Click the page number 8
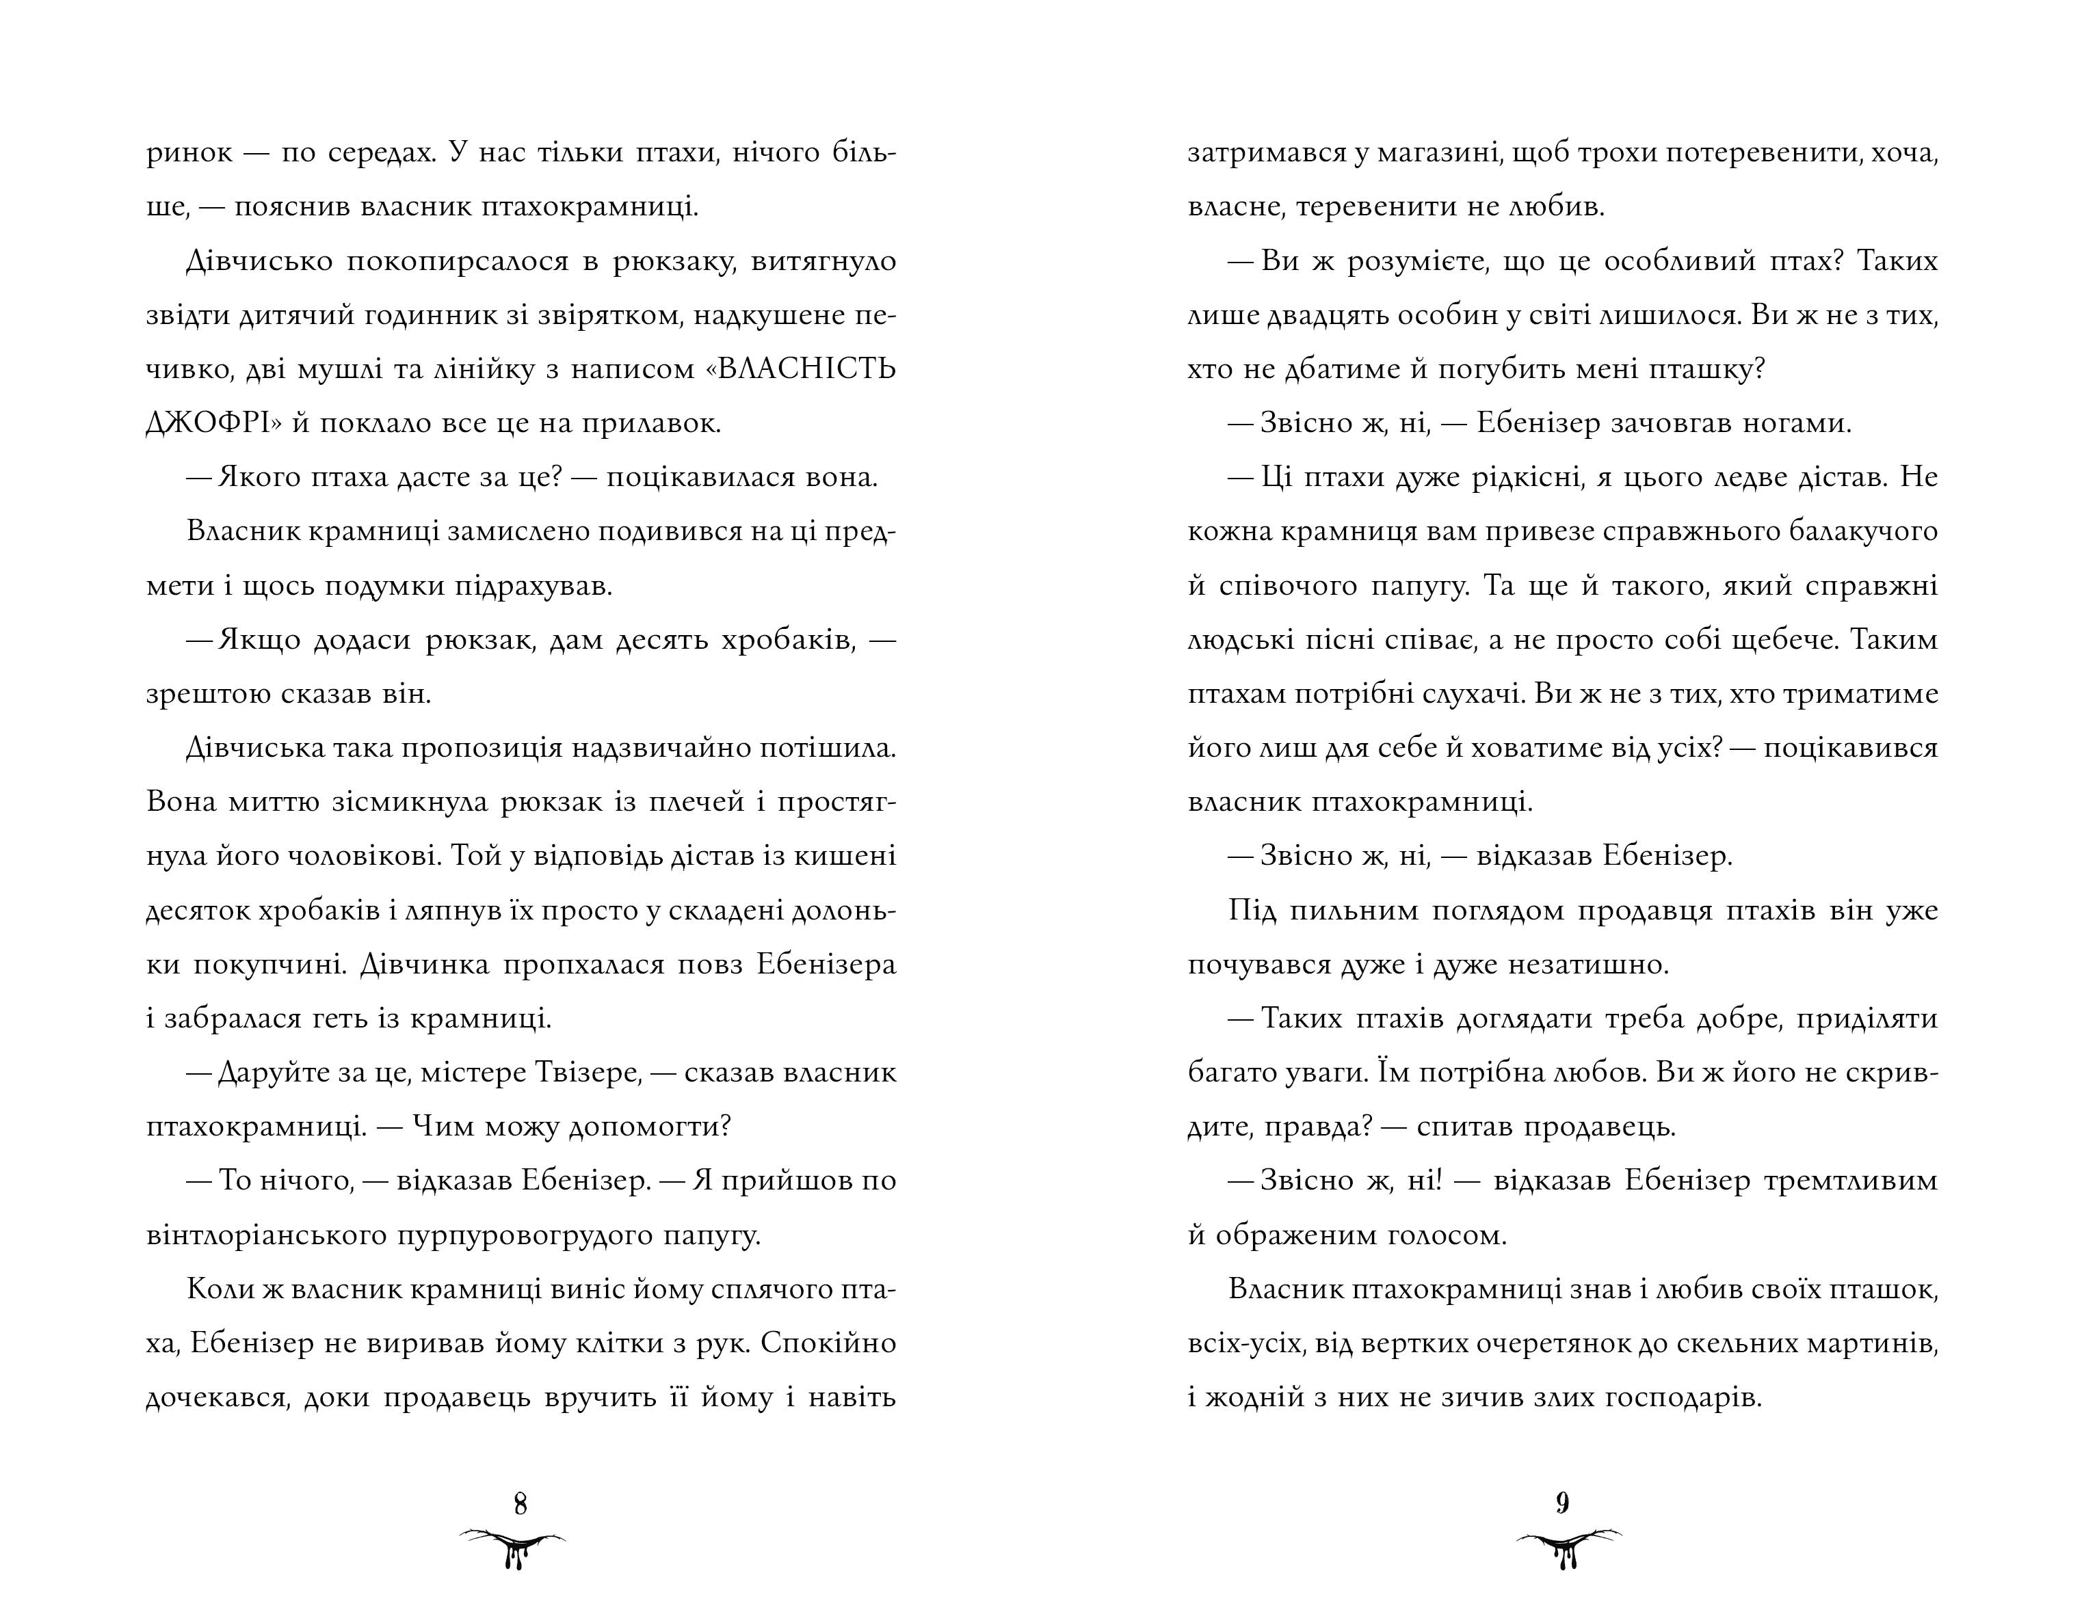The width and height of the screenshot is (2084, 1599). click(x=520, y=1504)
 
